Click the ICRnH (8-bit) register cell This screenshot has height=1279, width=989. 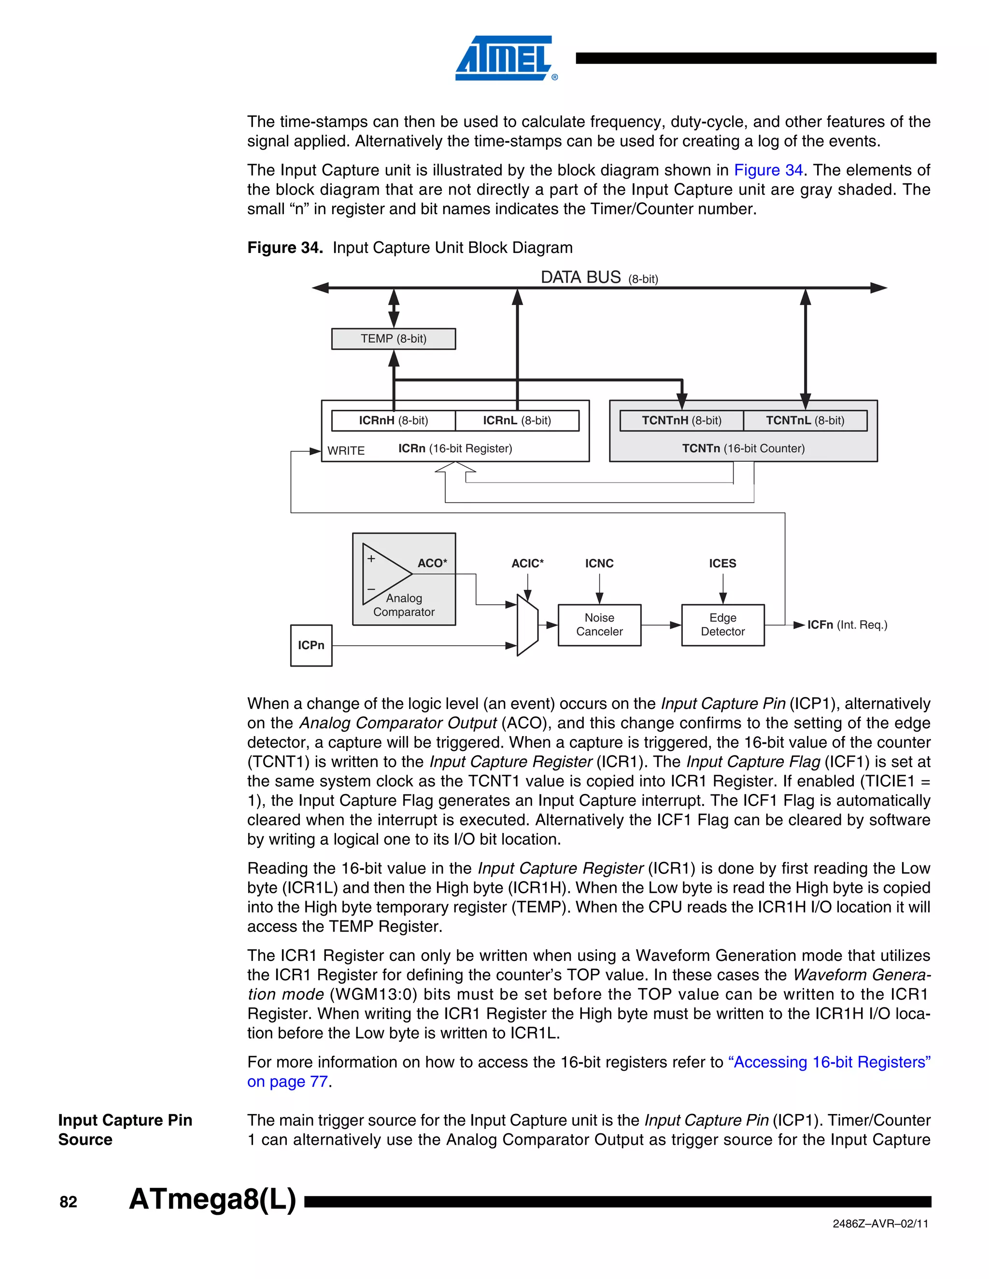coord(393,420)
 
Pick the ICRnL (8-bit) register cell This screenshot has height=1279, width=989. coord(517,420)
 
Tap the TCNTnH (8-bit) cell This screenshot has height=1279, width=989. coord(681,420)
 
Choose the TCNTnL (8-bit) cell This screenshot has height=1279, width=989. coord(805,420)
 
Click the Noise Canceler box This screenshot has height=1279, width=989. coord(599,625)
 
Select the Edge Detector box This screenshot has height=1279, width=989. coord(722,625)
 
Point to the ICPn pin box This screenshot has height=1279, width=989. coord(311,645)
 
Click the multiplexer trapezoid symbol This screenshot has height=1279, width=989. coord(527,626)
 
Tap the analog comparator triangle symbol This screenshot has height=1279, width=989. coord(384,574)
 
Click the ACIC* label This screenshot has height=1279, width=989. coord(527,563)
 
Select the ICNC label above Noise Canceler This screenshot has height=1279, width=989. coord(599,563)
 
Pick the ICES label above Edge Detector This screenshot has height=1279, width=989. coord(722,563)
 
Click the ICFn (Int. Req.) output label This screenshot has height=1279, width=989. coord(847,625)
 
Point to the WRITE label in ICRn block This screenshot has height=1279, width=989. coord(346,450)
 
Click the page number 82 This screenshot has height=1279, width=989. coord(69,1202)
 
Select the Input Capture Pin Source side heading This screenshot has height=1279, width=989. coord(125,1130)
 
